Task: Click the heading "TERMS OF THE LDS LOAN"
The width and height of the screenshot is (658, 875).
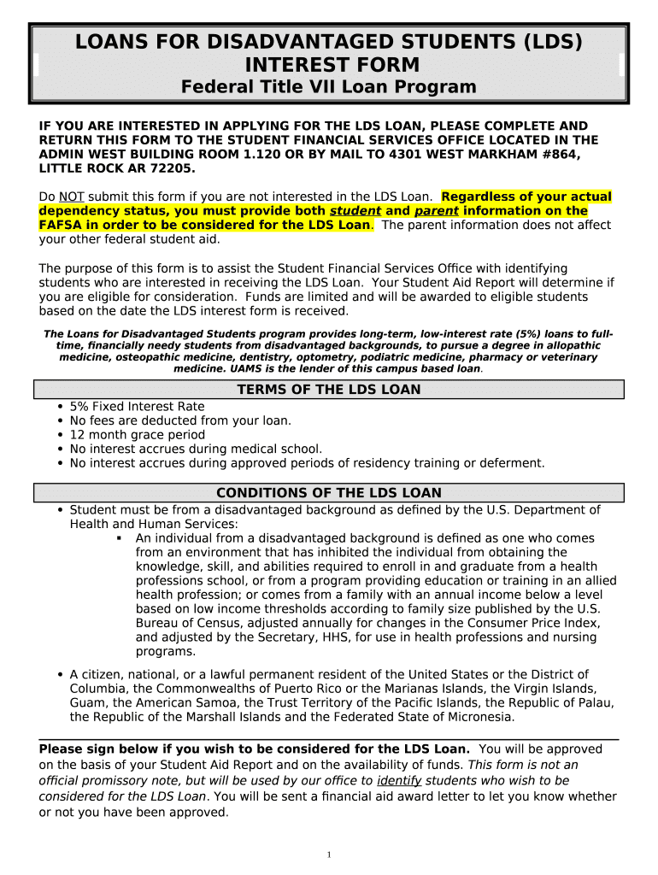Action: point(328,390)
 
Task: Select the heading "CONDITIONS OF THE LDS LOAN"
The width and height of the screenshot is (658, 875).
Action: point(328,493)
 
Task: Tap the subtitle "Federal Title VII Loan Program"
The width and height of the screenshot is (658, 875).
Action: point(328,87)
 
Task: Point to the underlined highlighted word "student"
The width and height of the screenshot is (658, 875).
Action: point(355,211)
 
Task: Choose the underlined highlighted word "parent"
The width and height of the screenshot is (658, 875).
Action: point(437,211)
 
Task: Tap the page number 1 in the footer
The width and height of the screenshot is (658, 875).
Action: point(329,855)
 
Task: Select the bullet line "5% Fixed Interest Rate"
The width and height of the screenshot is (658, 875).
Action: point(137,407)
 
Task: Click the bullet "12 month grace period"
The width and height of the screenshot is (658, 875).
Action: point(137,435)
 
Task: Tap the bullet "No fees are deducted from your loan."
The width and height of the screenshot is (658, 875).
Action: point(180,420)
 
